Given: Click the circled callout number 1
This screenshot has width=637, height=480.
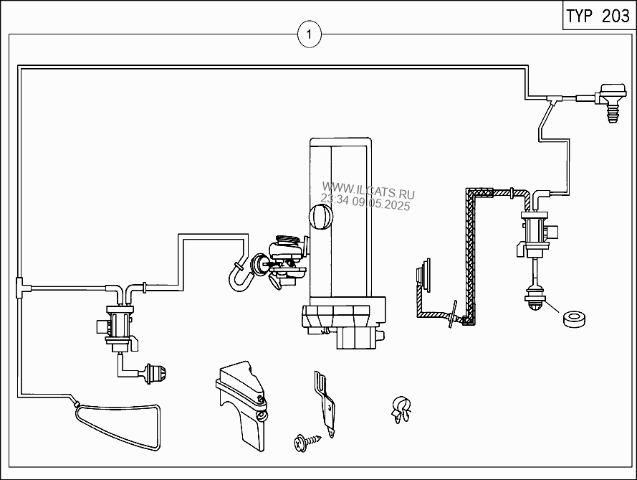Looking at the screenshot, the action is [x=309, y=34].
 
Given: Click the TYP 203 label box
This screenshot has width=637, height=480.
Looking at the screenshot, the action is [x=598, y=16].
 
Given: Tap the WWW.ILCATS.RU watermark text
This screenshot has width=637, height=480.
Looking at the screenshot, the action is [x=368, y=191].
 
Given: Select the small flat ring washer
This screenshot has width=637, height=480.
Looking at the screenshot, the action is [x=575, y=319].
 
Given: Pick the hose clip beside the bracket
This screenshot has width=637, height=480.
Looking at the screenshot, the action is [x=401, y=409].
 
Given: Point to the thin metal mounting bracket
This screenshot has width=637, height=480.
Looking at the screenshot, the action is [x=325, y=403].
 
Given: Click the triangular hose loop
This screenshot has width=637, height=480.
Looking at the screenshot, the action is [x=118, y=426].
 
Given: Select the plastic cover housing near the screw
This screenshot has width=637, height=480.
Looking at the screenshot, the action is [x=242, y=405].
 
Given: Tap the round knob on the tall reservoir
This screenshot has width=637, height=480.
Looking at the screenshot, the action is [x=321, y=217].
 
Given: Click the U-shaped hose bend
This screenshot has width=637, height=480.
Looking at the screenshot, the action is [x=241, y=278].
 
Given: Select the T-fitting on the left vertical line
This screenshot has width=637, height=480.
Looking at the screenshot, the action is [x=20, y=287].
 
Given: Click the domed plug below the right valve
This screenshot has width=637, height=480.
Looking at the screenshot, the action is [x=535, y=301].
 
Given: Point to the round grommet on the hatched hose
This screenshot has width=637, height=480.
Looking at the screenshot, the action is [x=423, y=275].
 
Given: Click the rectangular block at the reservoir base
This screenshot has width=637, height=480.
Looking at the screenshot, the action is [x=358, y=338].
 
